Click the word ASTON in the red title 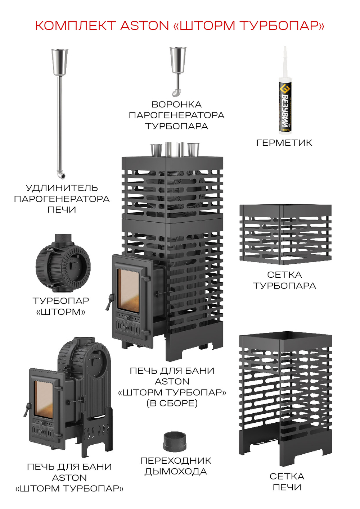coord(144,26)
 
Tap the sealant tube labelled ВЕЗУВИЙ coord(285,104)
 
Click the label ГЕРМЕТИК coord(284,143)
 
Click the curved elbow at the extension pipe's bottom coord(62,175)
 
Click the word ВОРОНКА coord(176,105)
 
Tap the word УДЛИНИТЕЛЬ coord(62,188)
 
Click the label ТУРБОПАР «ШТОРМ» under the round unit coord(61,306)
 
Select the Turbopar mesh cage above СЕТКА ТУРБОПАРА coord(285,234)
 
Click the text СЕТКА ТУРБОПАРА coord(284,280)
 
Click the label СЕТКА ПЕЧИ coord(287,482)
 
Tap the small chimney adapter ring coord(175,442)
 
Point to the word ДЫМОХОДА coord(176,472)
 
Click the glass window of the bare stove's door coord(44,399)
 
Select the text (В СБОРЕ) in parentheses coord(172,403)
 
